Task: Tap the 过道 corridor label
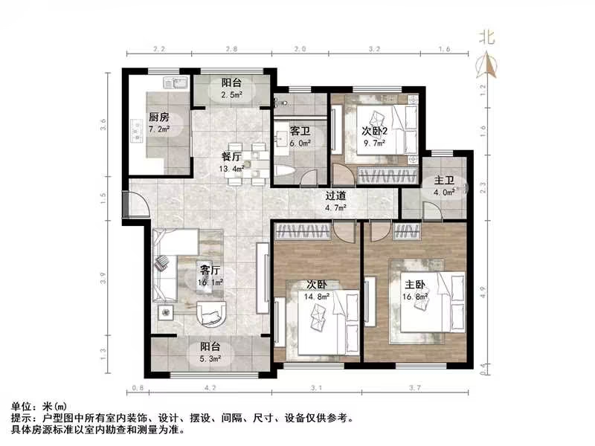click(336, 196)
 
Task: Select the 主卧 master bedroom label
click(415, 284)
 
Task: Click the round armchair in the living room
click(214, 316)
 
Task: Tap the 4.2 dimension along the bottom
click(211, 387)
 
